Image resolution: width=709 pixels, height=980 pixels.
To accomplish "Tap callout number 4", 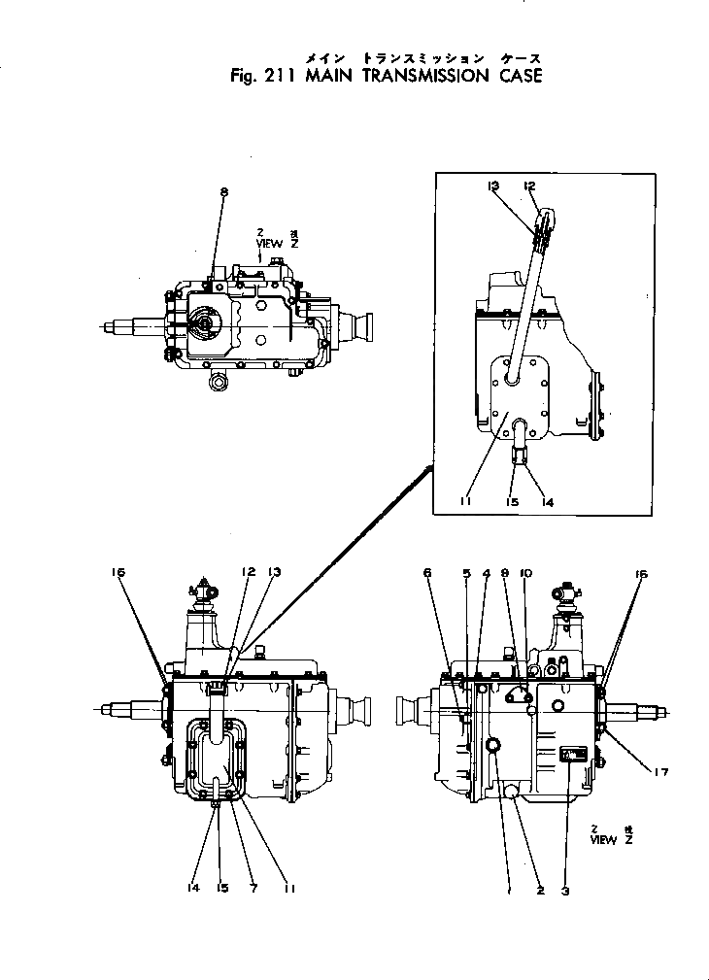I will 486,573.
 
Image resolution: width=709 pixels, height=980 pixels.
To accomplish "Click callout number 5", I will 466,573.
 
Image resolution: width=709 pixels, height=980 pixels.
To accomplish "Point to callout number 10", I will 525,573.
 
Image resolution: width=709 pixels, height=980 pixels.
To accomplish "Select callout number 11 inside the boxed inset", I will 467,502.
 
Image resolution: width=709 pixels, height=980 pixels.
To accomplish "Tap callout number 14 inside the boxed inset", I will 548,502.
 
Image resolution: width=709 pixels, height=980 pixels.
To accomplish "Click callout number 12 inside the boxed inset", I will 529,185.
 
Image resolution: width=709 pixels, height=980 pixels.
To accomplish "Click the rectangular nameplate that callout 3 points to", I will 572,756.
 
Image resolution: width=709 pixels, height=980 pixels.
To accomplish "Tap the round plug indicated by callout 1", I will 493,744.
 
